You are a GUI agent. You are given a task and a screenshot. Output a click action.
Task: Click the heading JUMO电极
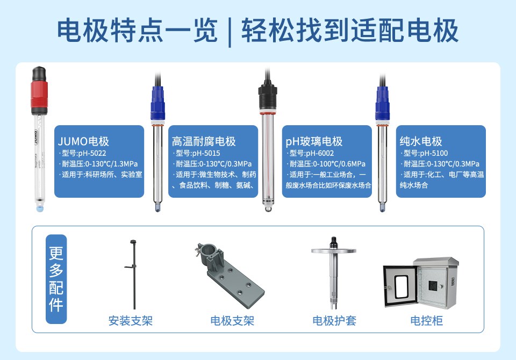click(x=84, y=142)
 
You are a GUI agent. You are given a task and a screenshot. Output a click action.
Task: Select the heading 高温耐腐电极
click(x=204, y=142)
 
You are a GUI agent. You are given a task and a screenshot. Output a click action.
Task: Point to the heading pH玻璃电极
click(x=314, y=142)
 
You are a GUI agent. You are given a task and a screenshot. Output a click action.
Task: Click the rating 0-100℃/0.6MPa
click(x=327, y=164)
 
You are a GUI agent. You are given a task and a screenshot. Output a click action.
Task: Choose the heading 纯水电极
click(x=421, y=142)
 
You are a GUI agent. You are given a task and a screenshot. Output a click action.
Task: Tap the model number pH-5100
click(x=425, y=153)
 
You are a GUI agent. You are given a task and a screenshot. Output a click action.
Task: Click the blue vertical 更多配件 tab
click(x=56, y=279)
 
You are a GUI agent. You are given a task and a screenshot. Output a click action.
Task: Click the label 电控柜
click(x=426, y=321)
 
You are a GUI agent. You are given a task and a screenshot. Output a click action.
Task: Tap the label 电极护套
click(x=334, y=321)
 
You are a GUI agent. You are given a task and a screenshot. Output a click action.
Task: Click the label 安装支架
click(x=131, y=321)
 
